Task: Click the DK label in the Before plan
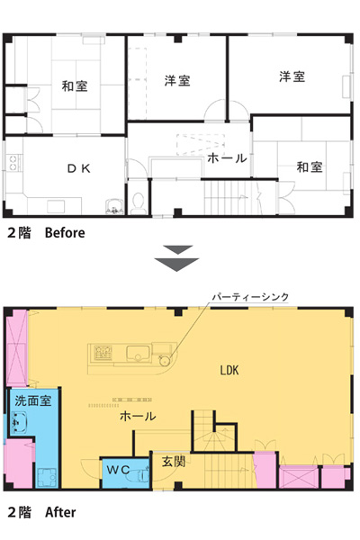(x=78, y=168)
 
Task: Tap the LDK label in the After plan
(x=229, y=370)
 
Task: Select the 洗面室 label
(x=33, y=400)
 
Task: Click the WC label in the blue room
(x=118, y=470)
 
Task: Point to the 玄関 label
(x=174, y=462)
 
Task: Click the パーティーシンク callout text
(x=250, y=297)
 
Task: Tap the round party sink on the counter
(x=165, y=360)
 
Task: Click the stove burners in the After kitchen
(x=103, y=353)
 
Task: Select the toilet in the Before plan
(x=138, y=202)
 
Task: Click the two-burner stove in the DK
(x=13, y=163)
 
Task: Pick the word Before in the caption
(x=65, y=233)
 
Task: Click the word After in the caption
(x=60, y=512)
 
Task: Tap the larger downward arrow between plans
(x=176, y=264)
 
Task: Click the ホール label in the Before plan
(x=227, y=158)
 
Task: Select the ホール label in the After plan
(x=138, y=417)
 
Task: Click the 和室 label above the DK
(x=75, y=85)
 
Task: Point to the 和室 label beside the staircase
(x=310, y=167)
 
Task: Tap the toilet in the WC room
(x=142, y=474)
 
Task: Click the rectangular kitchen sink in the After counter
(x=138, y=353)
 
